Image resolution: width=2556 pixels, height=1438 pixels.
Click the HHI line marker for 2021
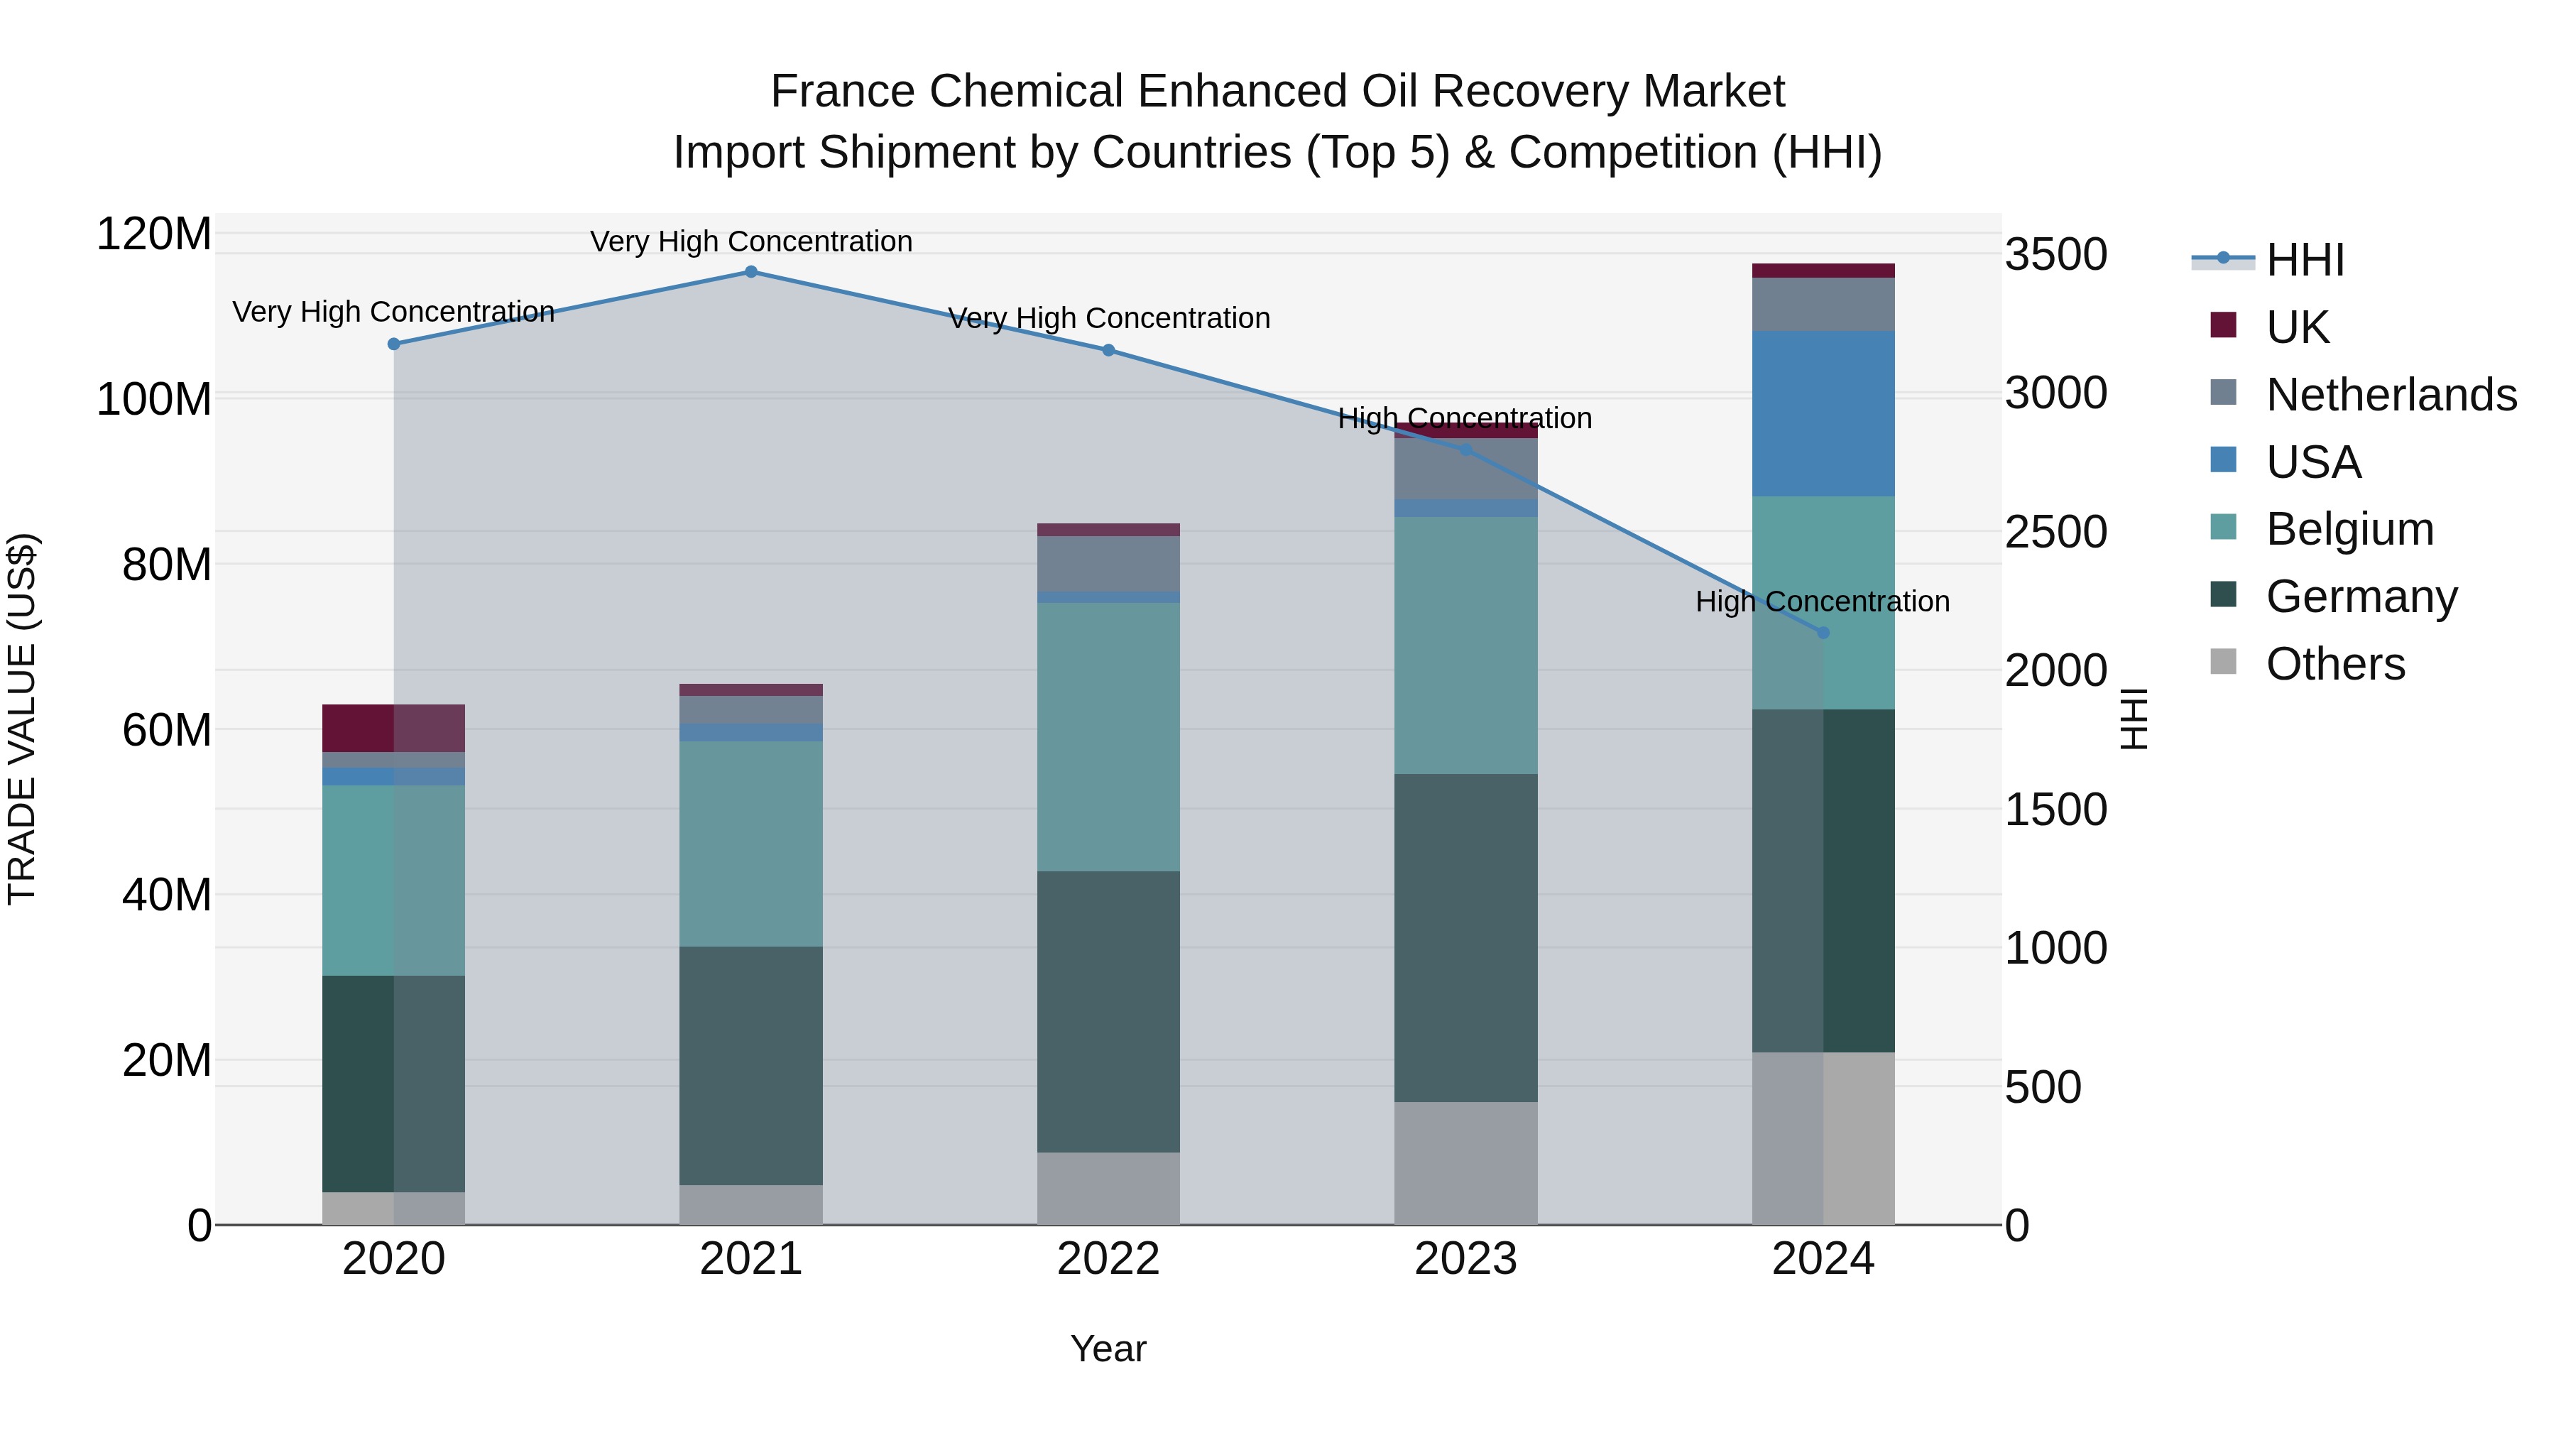pyautogui.click(x=751, y=272)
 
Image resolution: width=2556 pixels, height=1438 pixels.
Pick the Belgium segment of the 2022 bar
pyautogui.click(x=1108, y=737)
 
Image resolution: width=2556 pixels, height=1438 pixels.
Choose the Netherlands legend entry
pyautogui.click(x=2391, y=395)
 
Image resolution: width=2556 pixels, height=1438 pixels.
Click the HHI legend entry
pyautogui.click(x=2305, y=260)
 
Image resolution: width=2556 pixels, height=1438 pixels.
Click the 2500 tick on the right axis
pyautogui.click(x=2056, y=533)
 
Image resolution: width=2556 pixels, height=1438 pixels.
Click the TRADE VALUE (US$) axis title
pyautogui.click(x=22, y=719)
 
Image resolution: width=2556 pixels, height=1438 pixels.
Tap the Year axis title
pyautogui.click(x=1108, y=1349)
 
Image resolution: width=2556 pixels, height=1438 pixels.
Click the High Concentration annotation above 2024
pyautogui.click(x=1823, y=601)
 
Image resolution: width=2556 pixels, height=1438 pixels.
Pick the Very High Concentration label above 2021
pyautogui.click(x=751, y=241)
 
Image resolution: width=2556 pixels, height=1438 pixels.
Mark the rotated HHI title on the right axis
pyautogui.click(x=2134, y=719)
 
